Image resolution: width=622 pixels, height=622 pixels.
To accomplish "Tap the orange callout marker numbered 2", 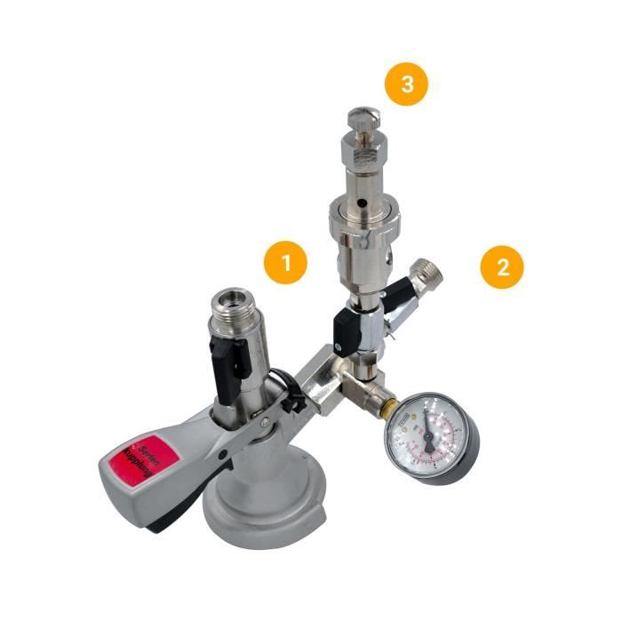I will coord(502,267).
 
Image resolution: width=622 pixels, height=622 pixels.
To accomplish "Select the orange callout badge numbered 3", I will coord(406,85).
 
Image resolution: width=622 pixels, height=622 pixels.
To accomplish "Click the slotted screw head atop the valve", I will coord(363,116).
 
